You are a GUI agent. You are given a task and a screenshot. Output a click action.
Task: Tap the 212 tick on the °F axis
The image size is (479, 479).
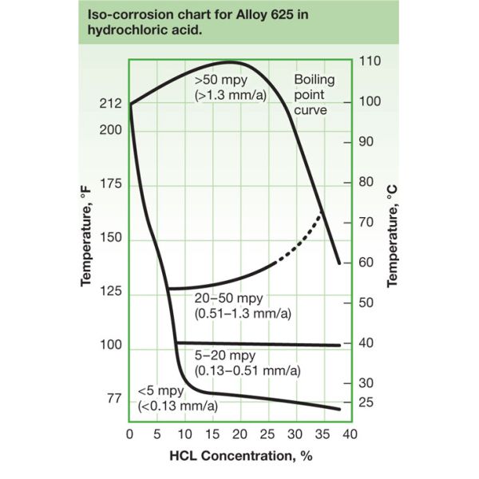[110, 103]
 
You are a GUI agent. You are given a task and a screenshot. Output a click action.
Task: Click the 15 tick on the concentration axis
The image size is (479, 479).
[212, 435]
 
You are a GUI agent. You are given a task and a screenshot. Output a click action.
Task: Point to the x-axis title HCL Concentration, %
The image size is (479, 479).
[239, 457]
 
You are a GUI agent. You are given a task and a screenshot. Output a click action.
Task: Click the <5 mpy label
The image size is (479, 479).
[160, 391]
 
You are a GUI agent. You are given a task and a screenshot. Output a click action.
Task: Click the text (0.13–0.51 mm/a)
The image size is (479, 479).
[248, 372]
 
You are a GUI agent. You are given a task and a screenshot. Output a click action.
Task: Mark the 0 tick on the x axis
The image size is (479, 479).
[130, 435]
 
